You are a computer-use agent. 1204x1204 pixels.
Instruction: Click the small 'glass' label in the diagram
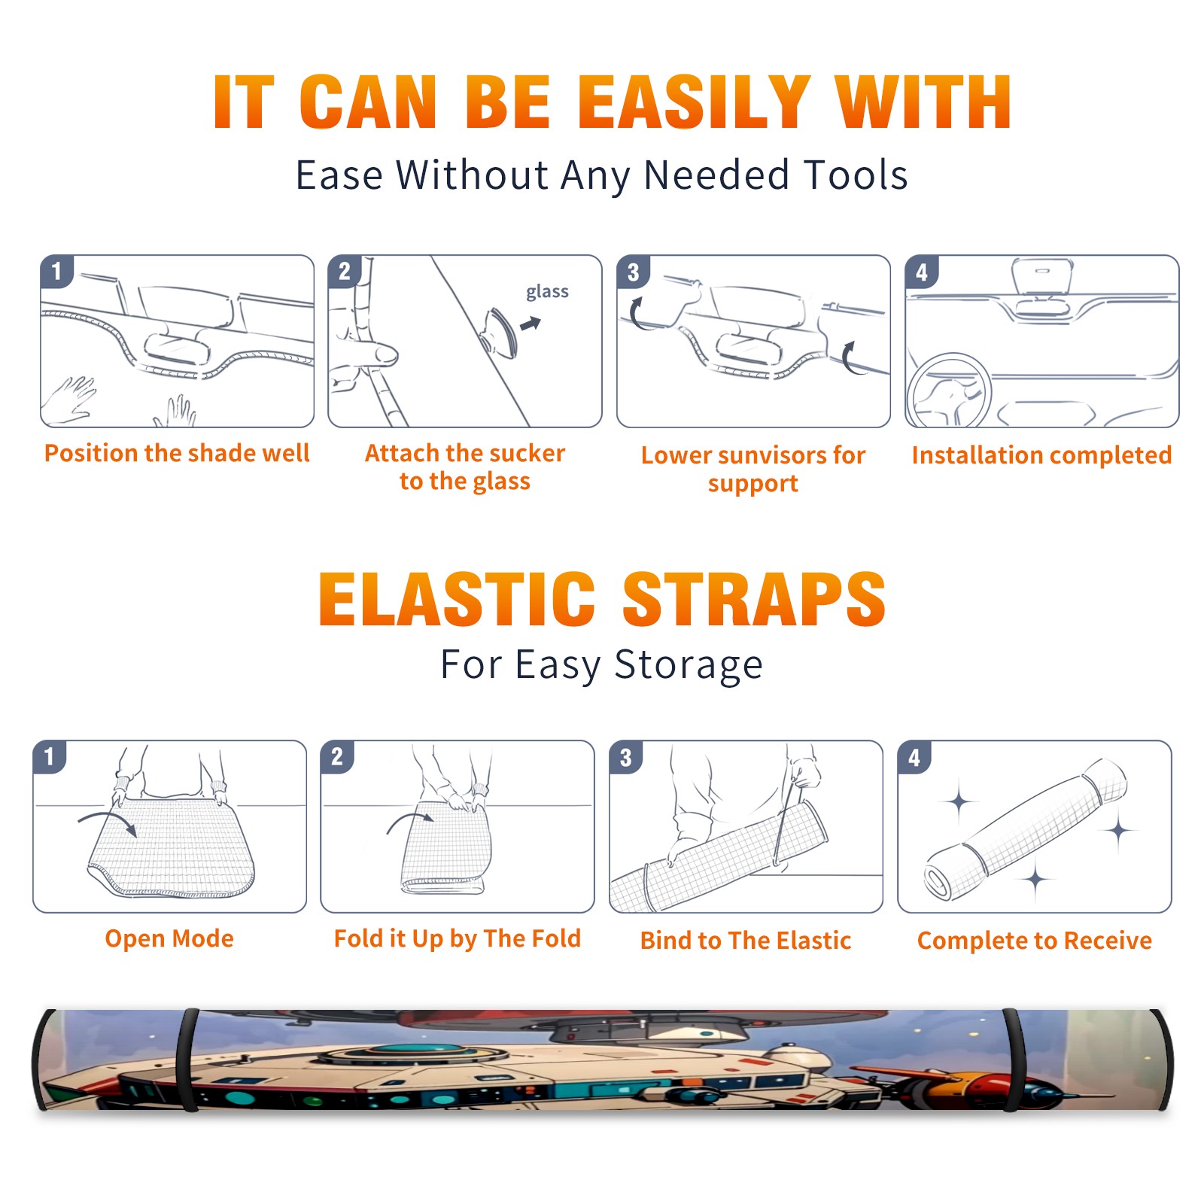[x=547, y=292]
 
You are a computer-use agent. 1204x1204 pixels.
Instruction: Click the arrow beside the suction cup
[x=531, y=324]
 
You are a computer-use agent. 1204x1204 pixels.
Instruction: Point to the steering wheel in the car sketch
[x=949, y=391]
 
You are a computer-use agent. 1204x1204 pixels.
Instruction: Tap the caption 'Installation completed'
[x=1041, y=455]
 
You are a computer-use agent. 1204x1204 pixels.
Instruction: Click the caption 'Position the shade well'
[x=177, y=453]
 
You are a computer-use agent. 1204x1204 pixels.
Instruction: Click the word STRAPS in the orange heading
[x=754, y=599]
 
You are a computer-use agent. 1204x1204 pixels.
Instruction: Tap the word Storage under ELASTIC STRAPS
[x=689, y=665]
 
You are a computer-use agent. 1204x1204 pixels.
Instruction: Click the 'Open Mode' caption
[x=169, y=938]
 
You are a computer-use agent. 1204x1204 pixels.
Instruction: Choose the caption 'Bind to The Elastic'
[x=746, y=941]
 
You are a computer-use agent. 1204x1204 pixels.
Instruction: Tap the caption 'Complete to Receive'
[x=1035, y=941]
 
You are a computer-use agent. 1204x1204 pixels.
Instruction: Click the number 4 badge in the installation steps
[x=922, y=272]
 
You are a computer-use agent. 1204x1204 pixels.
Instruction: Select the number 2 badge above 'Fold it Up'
[x=337, y=756]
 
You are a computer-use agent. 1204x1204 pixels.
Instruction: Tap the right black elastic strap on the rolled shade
[x=1012, y=1060]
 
